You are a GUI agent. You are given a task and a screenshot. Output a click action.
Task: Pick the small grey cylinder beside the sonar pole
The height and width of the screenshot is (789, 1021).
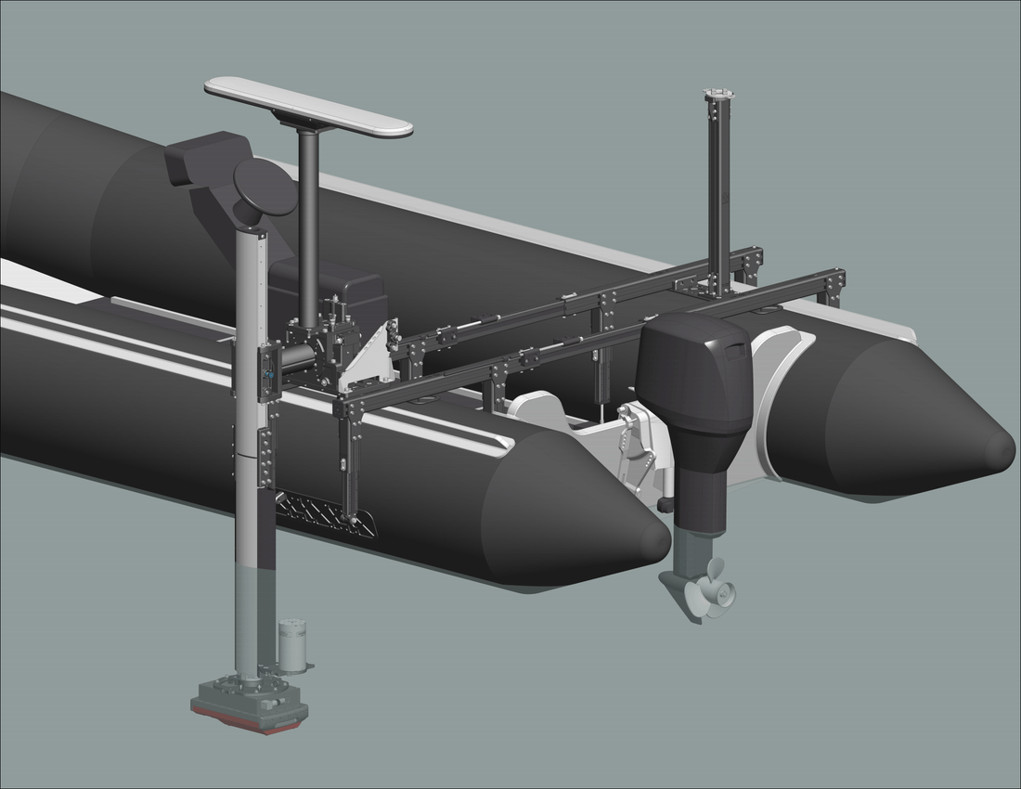pyautogui.click(x=292, y=646)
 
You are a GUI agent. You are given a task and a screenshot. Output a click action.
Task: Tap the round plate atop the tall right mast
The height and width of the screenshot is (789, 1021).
pyautogui.click(x=718, y=94)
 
